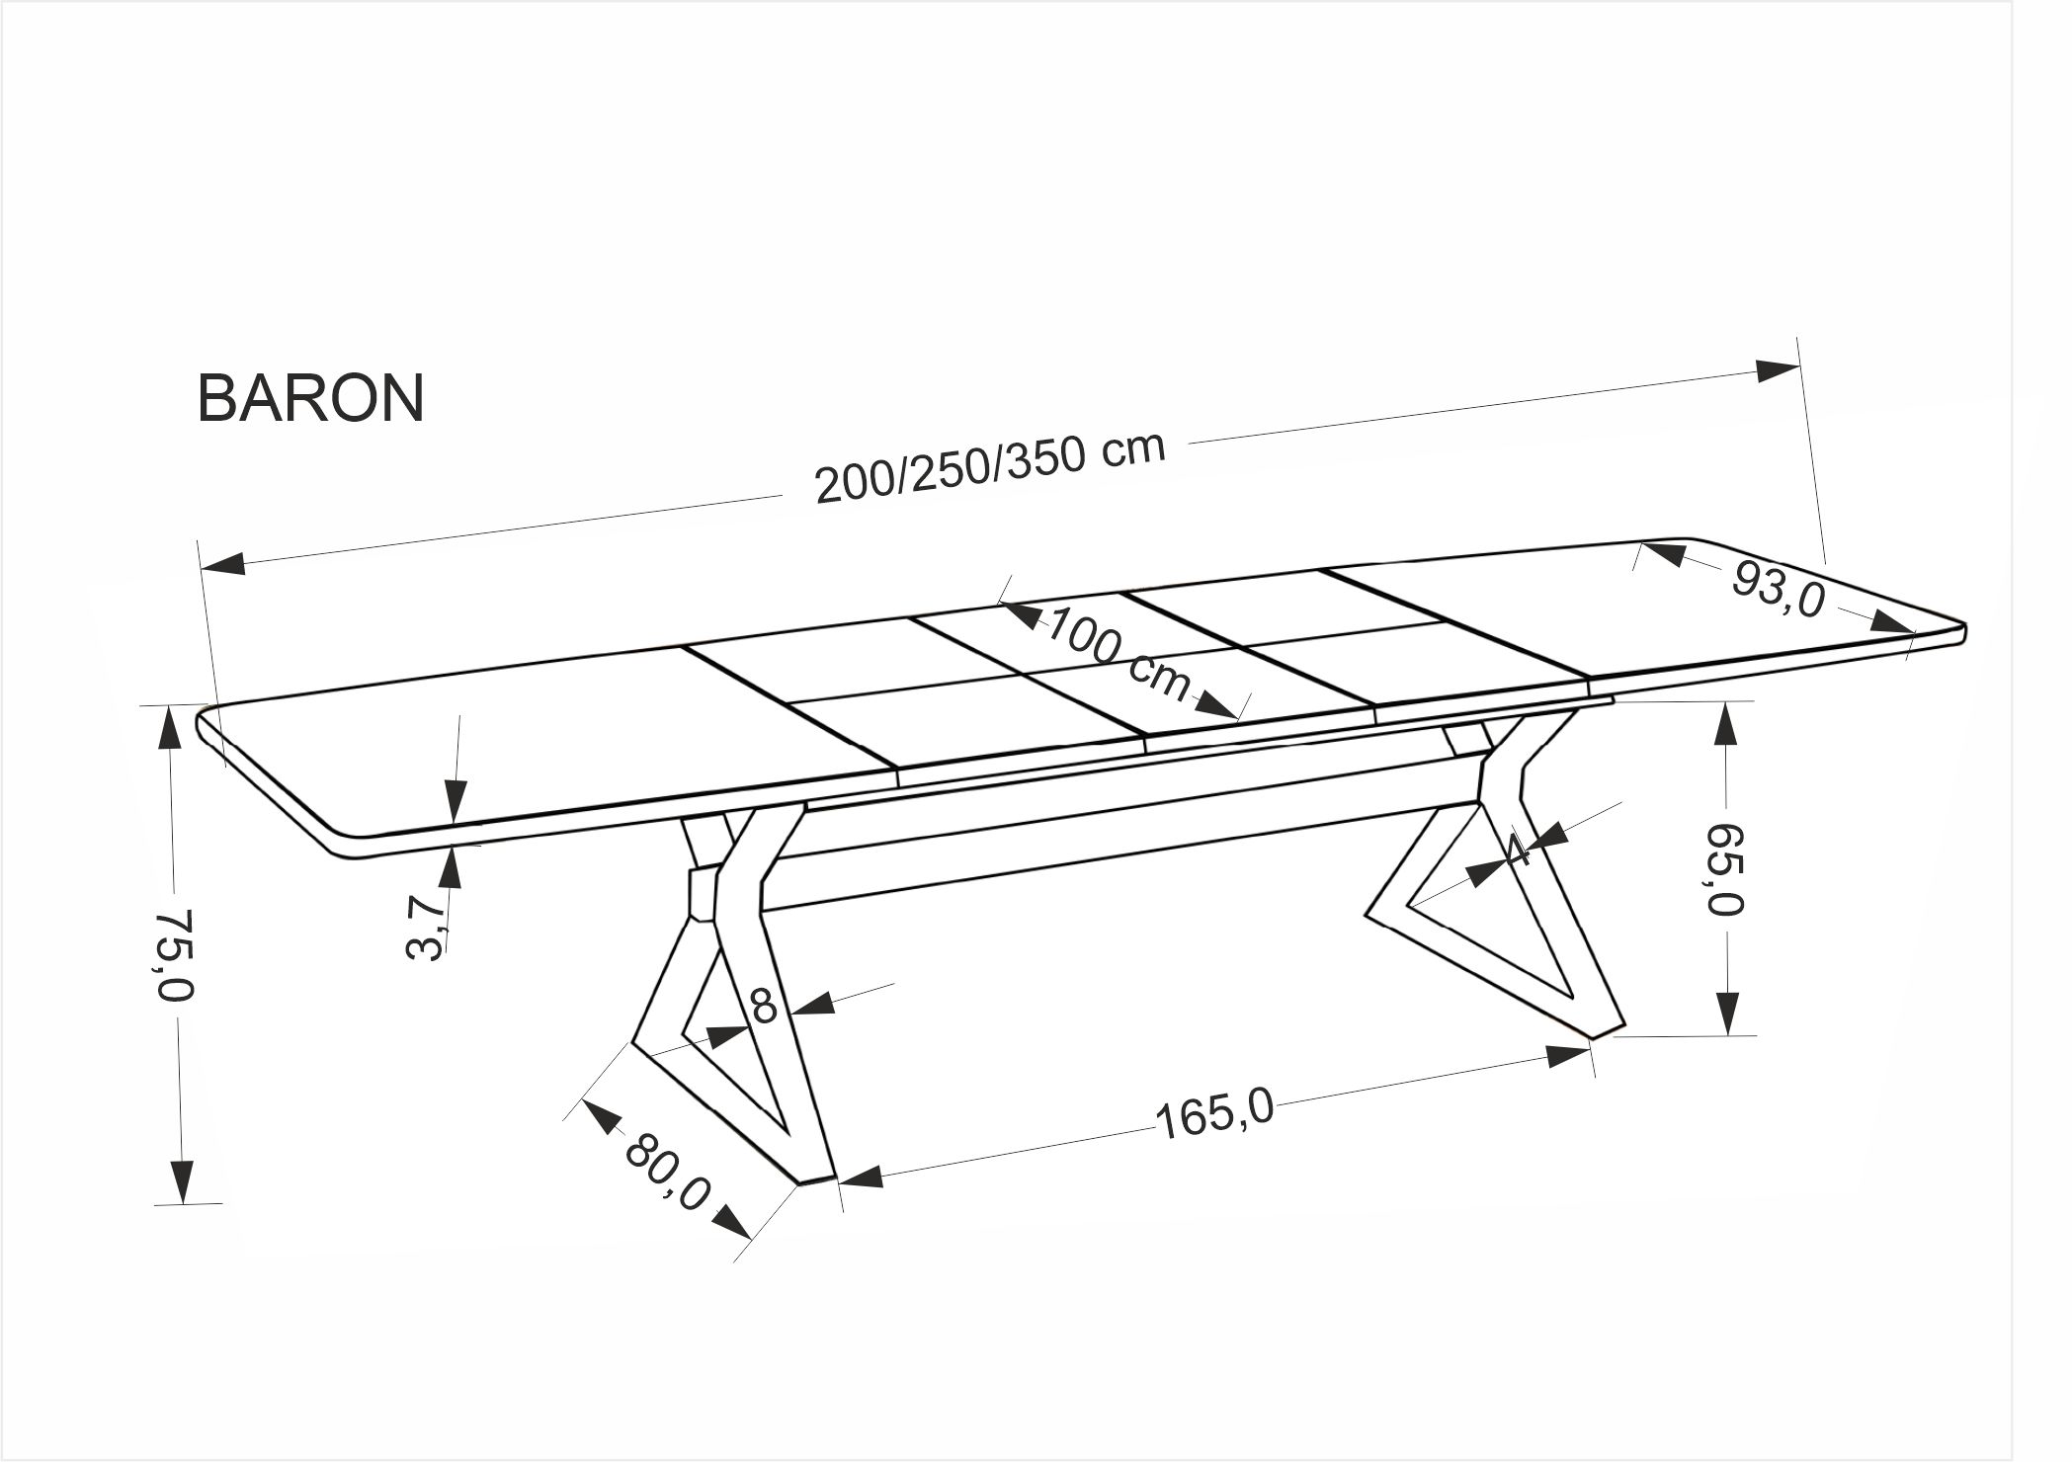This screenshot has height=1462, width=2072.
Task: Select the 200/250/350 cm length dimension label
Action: click(990, 468)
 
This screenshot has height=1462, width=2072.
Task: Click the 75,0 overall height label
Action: click(179, 954)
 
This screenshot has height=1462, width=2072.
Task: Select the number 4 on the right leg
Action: click(1521, 851)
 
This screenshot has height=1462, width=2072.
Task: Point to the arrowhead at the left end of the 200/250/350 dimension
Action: click(224, 564)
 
